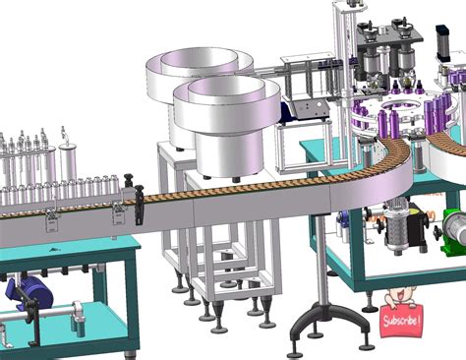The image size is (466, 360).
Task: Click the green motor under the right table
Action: click(x=452, y=227)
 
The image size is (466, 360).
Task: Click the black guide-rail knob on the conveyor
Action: click(x=140, y=202)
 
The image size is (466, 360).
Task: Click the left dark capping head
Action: click(x=372, y=61)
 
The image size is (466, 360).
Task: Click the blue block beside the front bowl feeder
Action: click(x=293, y=110)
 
